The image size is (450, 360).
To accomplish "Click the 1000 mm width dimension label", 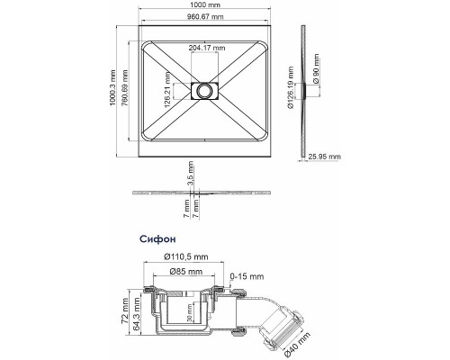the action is (205, 4).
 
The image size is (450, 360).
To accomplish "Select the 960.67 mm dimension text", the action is (205, 16).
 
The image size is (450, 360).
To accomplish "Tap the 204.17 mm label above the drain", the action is (207, 48).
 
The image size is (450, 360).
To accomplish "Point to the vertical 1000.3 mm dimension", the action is (112, 87).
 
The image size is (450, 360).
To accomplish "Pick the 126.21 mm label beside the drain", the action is (167, 90).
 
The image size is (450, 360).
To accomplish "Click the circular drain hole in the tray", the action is (205, 90).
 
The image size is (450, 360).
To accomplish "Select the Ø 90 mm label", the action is (316, 68).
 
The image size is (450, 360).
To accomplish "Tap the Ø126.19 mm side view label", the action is (291, 87).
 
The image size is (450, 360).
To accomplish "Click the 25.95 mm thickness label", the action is (325, 157).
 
